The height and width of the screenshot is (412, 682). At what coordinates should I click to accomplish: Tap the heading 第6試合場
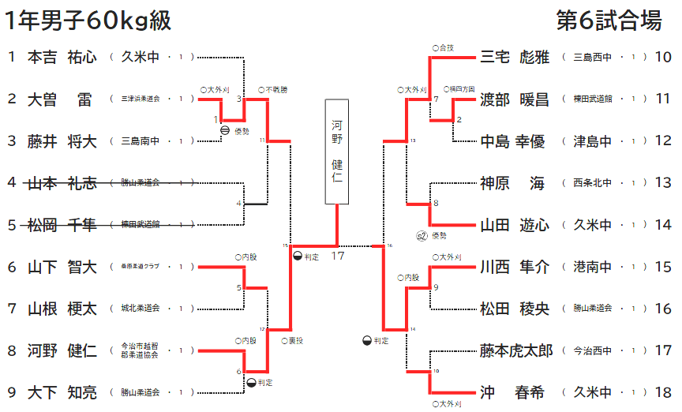[x=609, y=21]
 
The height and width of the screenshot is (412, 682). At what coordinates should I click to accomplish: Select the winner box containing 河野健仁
[x=337, y=151]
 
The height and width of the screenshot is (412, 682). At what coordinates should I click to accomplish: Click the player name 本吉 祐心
[x=62, y=57]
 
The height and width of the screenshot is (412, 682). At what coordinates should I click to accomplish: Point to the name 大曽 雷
[x=62, y=99]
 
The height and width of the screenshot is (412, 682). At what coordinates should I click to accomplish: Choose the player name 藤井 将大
[x=62, y=141]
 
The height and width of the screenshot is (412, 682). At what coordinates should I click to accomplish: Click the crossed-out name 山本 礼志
[x=62, y=183]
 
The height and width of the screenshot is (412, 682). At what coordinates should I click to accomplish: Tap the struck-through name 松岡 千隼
[x=62, y=225]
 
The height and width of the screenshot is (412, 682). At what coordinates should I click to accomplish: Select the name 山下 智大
[x=62, y=267]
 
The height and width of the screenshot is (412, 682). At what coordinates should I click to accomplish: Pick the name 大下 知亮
[x=62, y=392]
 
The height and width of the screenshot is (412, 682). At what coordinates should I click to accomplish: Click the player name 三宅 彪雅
[x=514, y=57]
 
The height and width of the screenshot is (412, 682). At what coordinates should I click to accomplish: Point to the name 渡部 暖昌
[x=514, y=99]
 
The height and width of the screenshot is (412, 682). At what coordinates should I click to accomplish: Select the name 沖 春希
[x=514, y=392]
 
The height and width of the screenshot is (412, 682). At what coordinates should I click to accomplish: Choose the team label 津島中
[x=593, y=141]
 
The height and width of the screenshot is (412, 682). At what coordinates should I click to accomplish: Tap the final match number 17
[x=338, y=256]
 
